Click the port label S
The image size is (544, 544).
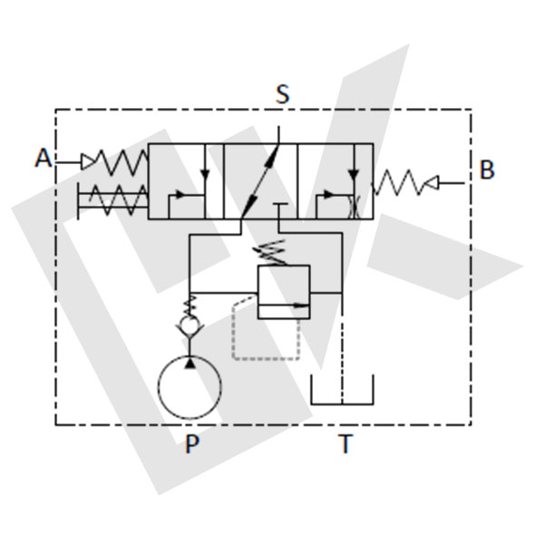(282, 94)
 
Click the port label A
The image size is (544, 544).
(44, 158)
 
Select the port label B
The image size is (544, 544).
(487, 170)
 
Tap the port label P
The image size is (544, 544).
(192, 443)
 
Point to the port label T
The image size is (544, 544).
(345, 443)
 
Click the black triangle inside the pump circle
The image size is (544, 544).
(189, 364)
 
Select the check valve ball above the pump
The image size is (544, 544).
(189, 324)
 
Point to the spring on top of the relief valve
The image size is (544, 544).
(271, 253)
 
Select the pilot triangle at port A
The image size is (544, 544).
(87, 161)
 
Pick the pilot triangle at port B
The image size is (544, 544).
(432, 183)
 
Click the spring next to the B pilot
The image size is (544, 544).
(398, 182)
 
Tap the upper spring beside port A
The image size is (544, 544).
(121, 161)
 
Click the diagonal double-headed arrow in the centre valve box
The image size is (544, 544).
(260, 180)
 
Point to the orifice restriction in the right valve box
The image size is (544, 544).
(355, 207)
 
